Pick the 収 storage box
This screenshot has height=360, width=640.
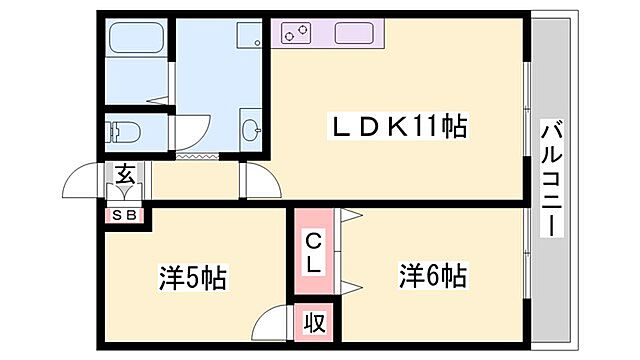point(314,323)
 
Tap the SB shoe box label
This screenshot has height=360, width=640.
point(125,213)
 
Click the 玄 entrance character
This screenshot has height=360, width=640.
point(125,173)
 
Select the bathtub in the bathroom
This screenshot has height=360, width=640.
point(140,40)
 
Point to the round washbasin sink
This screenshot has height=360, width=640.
point(250,130)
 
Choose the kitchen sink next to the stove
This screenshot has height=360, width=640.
point(353,35)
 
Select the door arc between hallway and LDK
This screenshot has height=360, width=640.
point(262,180)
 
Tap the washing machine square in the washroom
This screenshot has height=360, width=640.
point(249,38)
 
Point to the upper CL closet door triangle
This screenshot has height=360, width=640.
point(350,216)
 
